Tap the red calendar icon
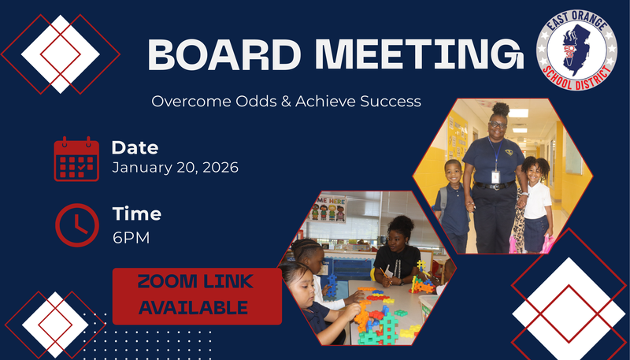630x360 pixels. click(x=76, y=159)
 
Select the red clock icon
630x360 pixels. click(x=76, y=225)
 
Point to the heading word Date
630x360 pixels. click(x=135, y=147)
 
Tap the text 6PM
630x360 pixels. click(x=131, y=236)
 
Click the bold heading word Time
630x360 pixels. click(x=136, y=214)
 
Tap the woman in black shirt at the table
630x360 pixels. click(x=400, y=252)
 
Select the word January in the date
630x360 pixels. click(x=139, y=167)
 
